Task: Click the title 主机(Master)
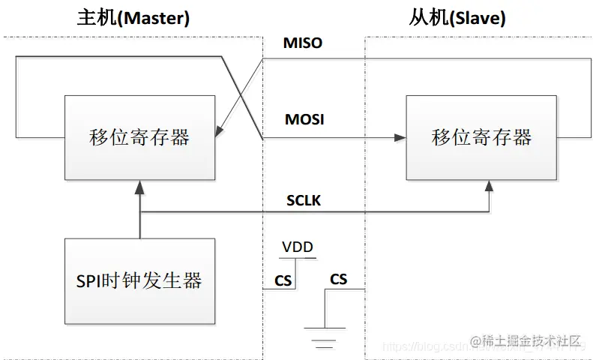point(133,16)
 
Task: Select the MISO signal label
point(303,43)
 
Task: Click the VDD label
point(298,247)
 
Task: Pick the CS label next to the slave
point(339,279)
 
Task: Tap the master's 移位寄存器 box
point(139,137)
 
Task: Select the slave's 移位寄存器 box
point(481,137)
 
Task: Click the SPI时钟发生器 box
point(139,281)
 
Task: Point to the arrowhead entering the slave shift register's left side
point(400,138)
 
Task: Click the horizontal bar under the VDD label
point(298,257)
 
